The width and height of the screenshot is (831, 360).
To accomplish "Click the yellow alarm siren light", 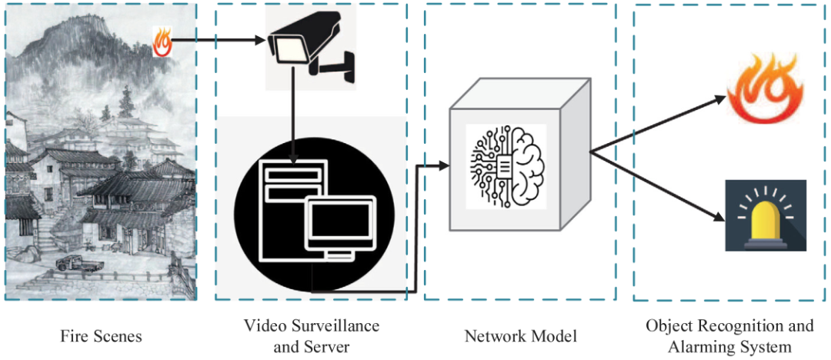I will click(x=766, y=217).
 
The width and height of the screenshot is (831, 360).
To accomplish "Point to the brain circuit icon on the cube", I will click(x=506, y=163).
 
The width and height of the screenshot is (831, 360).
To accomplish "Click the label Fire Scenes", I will click(x=102, y=336).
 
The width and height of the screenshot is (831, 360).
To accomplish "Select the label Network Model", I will click(x=521, y=336).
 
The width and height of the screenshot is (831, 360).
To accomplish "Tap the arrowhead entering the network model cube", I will click(x=442, y=165).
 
